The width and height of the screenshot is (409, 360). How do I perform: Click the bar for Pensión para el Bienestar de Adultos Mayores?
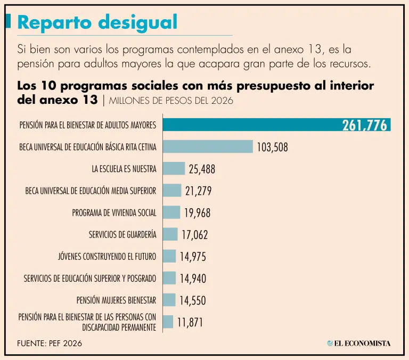pos(250,125)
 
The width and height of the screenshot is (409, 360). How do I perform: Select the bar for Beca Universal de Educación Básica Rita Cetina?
pos(208,146)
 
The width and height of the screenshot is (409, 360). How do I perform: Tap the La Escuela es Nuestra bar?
pos(174,168)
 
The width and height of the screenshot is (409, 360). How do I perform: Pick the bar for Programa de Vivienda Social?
pos(171,212)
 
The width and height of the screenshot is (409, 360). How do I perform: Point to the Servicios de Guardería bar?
pos(170,234)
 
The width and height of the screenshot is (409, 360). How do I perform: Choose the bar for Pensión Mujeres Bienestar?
pos(169,300)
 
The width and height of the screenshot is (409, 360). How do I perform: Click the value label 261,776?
pos(365,126)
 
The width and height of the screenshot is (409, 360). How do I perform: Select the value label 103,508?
pos(272,148)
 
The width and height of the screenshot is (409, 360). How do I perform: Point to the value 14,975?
pos(193,257)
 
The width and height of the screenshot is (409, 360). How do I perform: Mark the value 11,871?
pos(190,322)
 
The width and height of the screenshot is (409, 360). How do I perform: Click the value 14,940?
pos(193,279)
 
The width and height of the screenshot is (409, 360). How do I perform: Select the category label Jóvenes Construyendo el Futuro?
pos(107,257)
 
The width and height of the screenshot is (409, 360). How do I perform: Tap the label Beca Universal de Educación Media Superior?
pos(91,191)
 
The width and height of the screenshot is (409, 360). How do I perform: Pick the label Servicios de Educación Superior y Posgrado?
pos(90,278)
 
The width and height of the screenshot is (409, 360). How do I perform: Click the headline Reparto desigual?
pos(97,22)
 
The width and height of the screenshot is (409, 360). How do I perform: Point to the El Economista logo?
pos(358,343)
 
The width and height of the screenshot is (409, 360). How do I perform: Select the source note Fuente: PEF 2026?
pos(50,343)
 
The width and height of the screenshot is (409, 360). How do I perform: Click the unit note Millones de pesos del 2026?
pos(171,100)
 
